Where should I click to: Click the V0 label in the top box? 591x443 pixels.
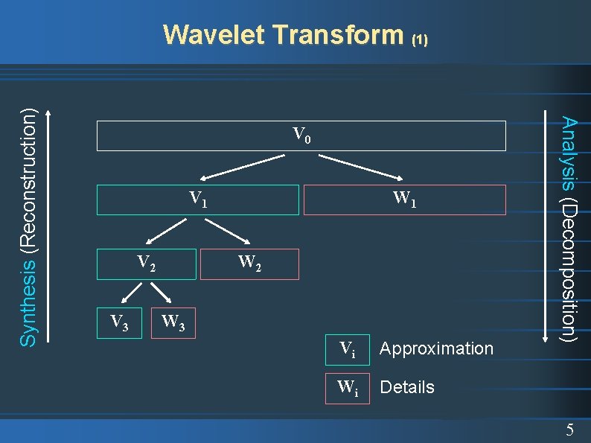point(301,136)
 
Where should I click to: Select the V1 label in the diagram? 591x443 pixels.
point(198,199)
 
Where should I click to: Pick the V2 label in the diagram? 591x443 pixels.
point(147,263)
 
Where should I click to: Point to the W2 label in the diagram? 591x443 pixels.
point(249,263)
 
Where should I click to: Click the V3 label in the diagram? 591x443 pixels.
point(118,322)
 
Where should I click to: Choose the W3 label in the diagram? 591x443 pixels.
point(173,322)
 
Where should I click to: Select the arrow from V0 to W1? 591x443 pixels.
point(360,168)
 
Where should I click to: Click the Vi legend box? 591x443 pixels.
point(348,348)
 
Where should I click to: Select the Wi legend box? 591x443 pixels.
point(348,387)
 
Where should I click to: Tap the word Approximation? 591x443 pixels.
point(436,348)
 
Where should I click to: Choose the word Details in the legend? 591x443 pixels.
point(407,387)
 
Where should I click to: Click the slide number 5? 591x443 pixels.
point(569,430)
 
